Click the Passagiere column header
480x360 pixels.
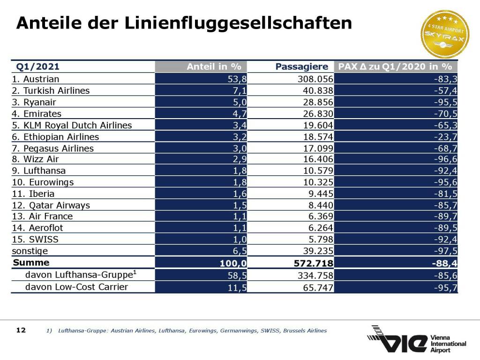[x=301, y=67]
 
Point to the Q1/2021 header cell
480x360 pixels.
[x=38, y=67]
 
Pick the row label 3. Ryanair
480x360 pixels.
[x=34, y=102]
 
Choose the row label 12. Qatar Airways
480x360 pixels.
[x=51, y=205]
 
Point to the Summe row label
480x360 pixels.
[x=31, y=262]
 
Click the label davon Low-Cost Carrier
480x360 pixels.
[x=76, y=286]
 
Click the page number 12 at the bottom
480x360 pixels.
[x=21, y=330]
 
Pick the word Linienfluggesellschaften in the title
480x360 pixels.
[x=238, y=23]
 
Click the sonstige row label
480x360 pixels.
[x=30, y=251]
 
